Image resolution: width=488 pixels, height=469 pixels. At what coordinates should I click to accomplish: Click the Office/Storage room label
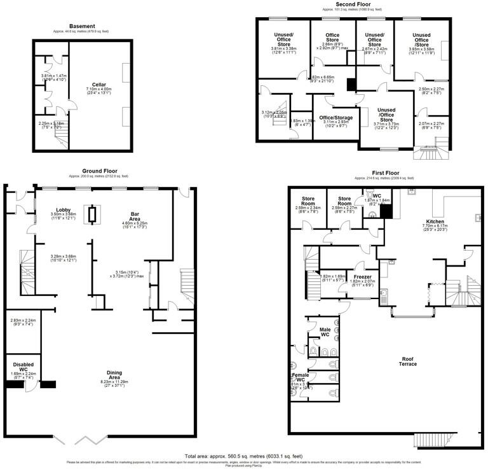(335, 117)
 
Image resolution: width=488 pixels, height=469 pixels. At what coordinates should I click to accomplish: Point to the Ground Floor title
(100, 171)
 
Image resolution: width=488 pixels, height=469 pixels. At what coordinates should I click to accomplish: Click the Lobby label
(63, 209)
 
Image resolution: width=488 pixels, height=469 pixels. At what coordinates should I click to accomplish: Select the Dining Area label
(115, 376)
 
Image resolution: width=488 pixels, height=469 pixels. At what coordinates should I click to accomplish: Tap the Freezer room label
(362, 277)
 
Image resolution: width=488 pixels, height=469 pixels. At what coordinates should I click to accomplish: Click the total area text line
(244, 456)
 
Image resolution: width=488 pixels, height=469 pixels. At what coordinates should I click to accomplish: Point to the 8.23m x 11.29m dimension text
(115, 382)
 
